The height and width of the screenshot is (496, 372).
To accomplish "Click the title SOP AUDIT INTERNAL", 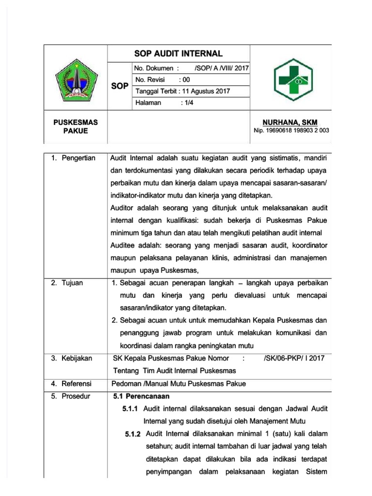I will click(x=178, y=53).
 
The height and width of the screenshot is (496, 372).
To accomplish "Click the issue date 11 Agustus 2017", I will click(x=203, y=91).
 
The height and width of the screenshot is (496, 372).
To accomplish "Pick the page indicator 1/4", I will click(x=186, y=103).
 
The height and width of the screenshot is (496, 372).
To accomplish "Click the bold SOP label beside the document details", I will click(x=120, y=86).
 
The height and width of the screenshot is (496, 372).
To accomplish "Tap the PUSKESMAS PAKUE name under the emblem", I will click(x=75, y=126).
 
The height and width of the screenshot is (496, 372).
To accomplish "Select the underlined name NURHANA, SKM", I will click(x=290, y=123).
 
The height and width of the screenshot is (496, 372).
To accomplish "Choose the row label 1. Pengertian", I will click(x=74, y=158).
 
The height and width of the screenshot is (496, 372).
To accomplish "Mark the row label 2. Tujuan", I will click(x=68, y=283).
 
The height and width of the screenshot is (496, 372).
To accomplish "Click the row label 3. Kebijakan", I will click(x=72, y=358).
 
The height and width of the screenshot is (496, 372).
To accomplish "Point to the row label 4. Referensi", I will click(x=72, y=384).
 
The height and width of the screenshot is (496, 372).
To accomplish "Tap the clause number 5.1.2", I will click(x=132, y=433).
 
